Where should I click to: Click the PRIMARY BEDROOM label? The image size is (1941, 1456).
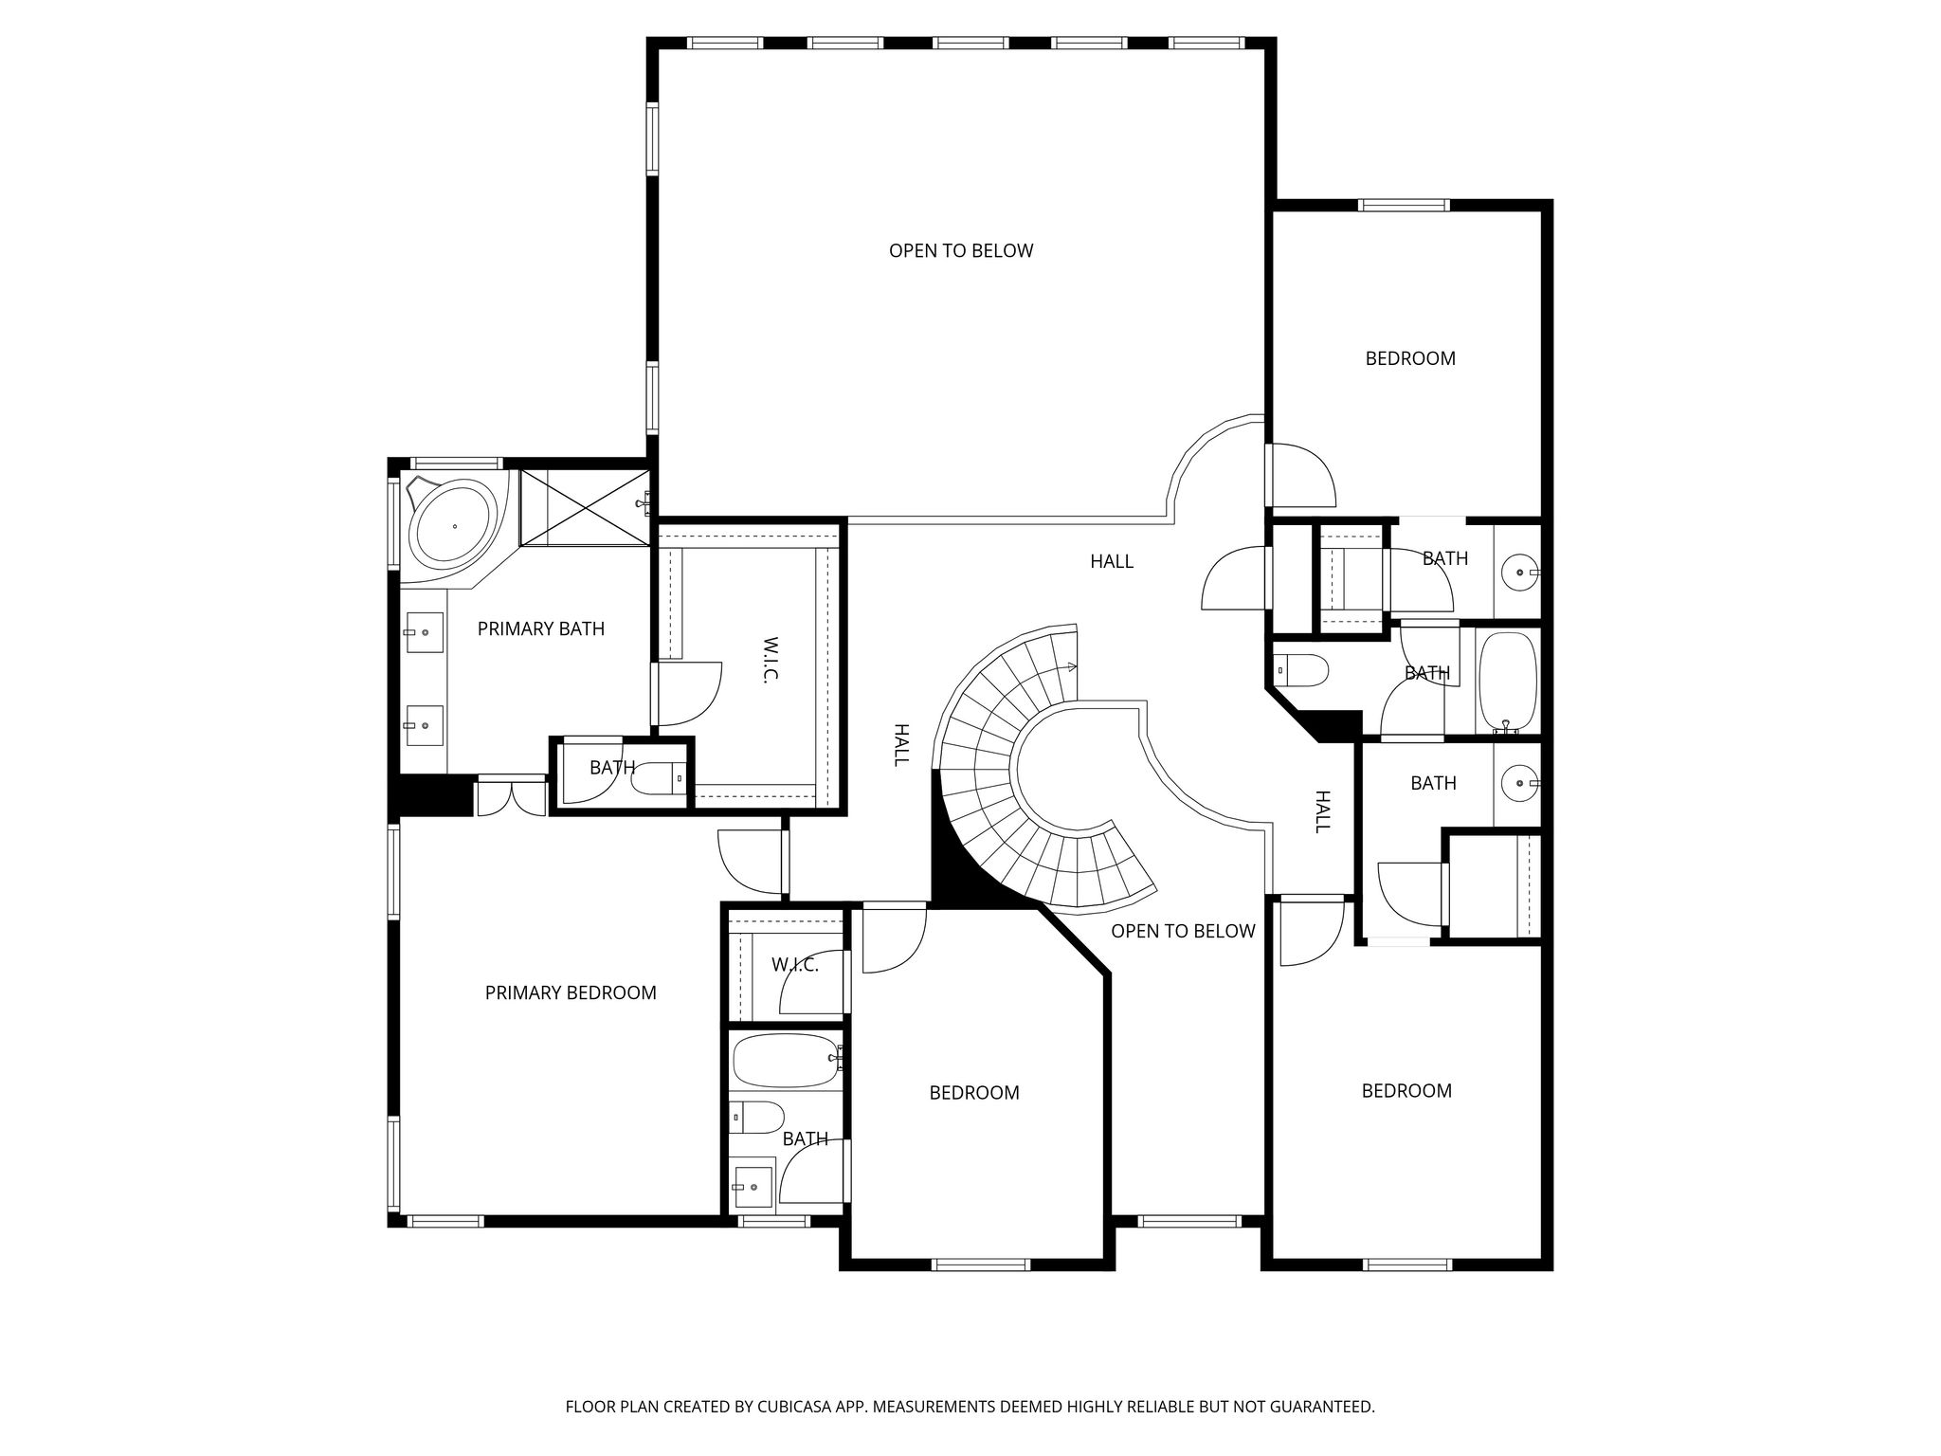(x=571, y=992)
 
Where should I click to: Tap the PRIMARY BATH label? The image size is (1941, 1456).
(x=540, y=628)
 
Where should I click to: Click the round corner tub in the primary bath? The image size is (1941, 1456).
(x=454, y=525)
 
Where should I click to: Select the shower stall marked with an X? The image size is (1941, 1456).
(x=584, y=507)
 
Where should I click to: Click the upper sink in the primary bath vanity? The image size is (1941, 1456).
(x=424, y=630)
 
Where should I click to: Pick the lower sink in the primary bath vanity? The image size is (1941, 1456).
(x=424, y=726)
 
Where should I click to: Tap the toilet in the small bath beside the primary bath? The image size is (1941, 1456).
(x=660, y=779)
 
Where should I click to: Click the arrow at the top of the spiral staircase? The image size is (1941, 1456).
(x=1073, y=666)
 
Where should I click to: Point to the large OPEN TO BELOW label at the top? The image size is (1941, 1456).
(x=961, y=250)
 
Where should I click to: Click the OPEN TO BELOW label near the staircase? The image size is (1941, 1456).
(x=1183, y=931)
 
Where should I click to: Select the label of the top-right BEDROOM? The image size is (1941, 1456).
(x=1410, y=358)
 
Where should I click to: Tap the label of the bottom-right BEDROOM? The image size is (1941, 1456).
(x=1406, y=1091)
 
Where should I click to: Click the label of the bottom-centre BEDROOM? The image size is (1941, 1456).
(x=974, y=1093)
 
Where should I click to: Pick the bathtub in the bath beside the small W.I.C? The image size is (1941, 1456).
(x=786, y=1061)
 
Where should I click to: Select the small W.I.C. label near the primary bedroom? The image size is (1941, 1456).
(x=794, y=965)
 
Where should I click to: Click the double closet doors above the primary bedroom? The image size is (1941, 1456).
(x=512, y=794)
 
